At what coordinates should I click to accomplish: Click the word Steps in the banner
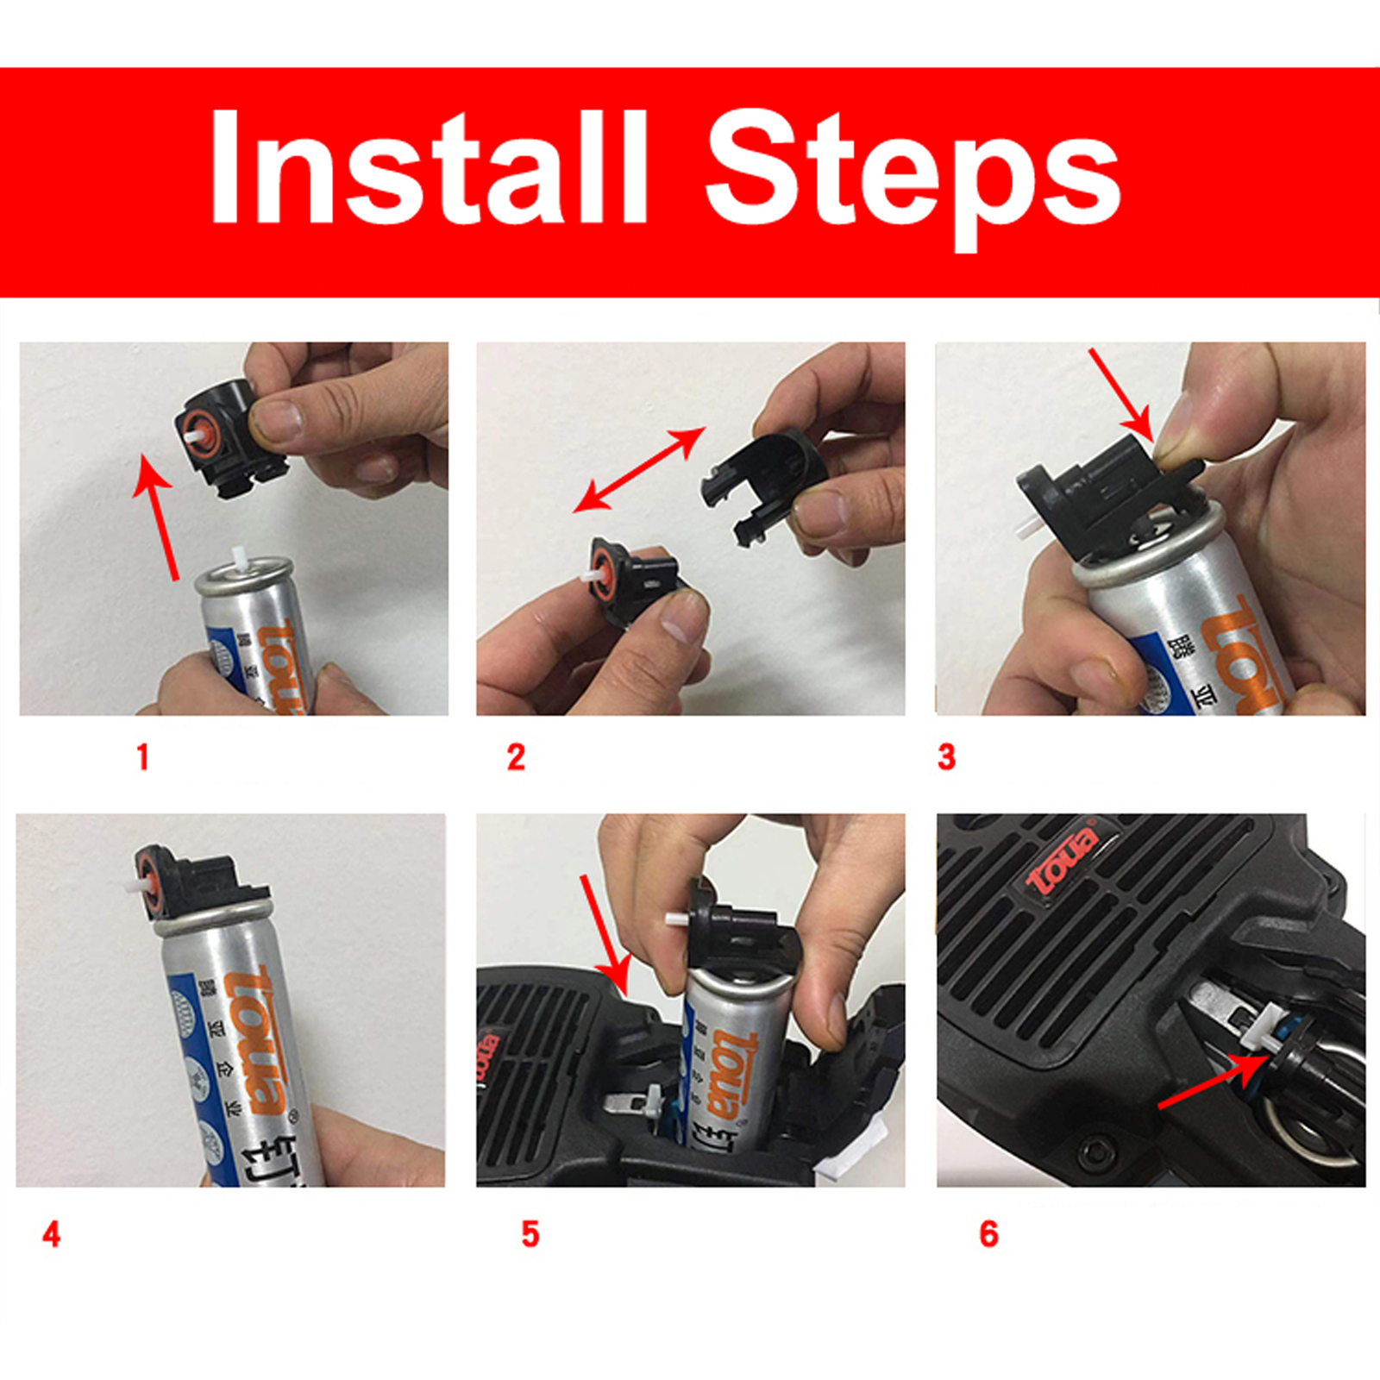tap(912, 172)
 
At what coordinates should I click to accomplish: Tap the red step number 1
tap(143, 757)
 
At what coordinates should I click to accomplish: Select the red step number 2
tap(516, 757)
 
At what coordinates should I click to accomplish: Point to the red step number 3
tap(946, 757)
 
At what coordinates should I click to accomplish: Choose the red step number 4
tap(51, 1234)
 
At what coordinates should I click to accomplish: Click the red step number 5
tap(530, 1234)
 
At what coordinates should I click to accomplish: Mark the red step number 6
tap(988, 1234)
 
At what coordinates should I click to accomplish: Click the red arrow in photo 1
tap(157, 517)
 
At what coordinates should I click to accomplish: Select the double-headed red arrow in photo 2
tap(639, 469)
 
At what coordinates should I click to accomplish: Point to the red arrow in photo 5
tap(605, 935)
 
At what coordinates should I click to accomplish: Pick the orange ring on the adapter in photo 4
tap(150, 885)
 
